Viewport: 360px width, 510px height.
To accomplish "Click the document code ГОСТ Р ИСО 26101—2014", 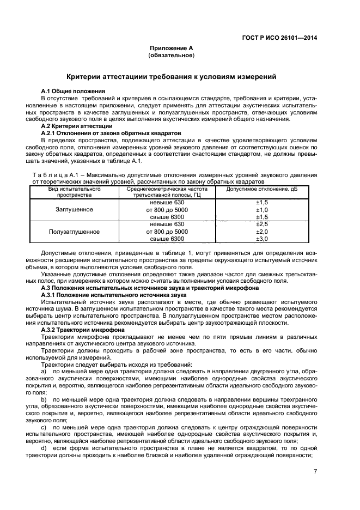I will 279,38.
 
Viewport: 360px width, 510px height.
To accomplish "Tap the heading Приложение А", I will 172,49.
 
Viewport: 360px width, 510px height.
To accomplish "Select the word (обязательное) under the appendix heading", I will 172,56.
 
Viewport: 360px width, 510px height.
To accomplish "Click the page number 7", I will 315,472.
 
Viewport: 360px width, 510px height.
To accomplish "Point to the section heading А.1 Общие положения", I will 74,90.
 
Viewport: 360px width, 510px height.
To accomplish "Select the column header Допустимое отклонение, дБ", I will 262,189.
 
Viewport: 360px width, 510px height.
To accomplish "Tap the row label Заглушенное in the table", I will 75,209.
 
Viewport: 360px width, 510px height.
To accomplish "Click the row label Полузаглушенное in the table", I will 75,231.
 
